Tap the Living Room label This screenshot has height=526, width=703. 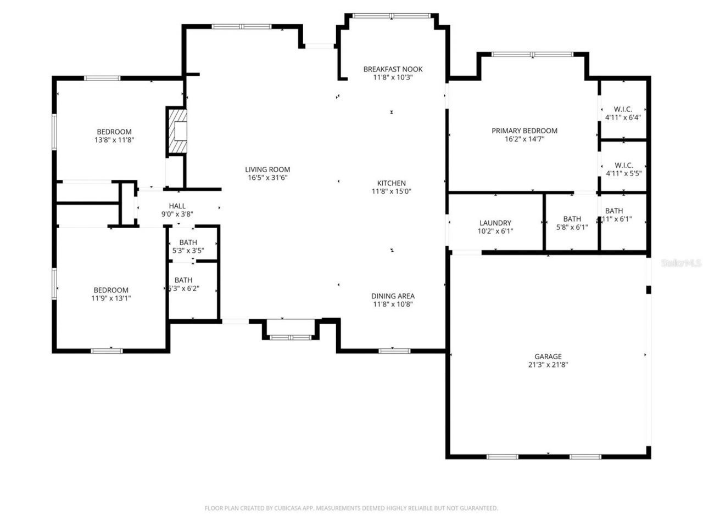point(267,169)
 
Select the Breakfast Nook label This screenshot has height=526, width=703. point(393,69)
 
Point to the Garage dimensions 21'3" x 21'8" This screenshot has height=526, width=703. point(548,364)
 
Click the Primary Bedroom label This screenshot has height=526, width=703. point(524,131)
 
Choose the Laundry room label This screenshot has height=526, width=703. point(495,223)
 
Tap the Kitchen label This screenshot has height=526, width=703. point(391,183)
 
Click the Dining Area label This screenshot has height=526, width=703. point(393,296)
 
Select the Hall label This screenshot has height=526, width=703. point(177,206)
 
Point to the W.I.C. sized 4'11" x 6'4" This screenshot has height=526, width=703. point(623,113)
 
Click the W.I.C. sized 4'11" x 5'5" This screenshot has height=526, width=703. point(623,169)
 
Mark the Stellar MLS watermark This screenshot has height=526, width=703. point(681,263)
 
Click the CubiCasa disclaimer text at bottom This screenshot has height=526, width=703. point(351,508)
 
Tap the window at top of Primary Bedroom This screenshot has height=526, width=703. point(532,54)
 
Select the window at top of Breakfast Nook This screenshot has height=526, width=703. point(391,16)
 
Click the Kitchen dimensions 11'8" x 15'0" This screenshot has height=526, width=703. point(391,191)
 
